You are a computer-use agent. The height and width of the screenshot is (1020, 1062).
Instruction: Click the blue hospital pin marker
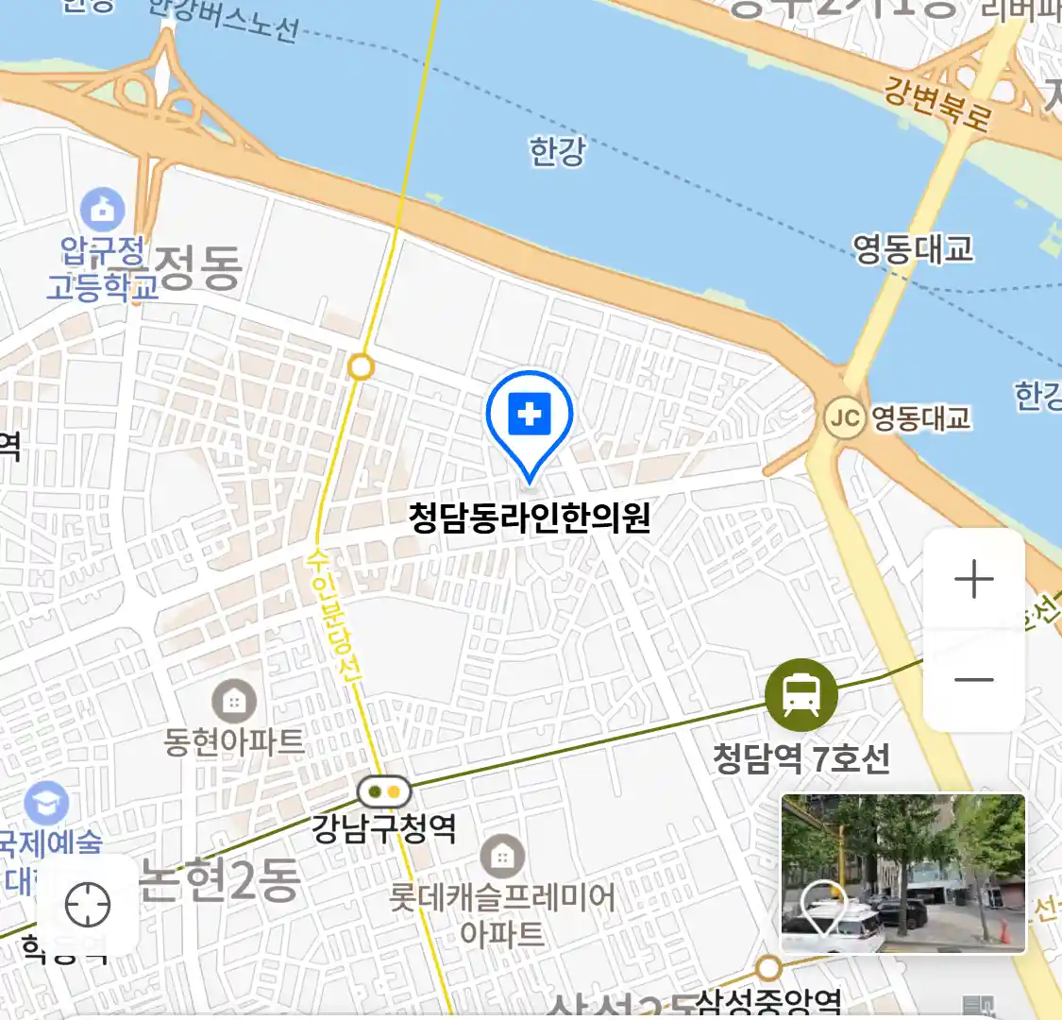click(530, 416)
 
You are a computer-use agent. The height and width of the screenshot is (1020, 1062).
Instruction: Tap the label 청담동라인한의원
click(530, 518)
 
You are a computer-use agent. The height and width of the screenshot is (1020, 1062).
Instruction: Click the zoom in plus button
click(974, 579)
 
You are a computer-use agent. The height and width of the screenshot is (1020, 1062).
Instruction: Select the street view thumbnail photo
click(902, 873)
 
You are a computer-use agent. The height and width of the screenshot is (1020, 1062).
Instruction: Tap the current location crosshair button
click(88, 905)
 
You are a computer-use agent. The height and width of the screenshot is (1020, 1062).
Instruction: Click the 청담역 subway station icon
click(801, 695)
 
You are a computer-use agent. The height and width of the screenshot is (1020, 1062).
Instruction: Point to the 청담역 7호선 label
click(801, 758)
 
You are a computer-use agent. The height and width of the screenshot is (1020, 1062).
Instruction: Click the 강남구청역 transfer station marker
click(384, 791)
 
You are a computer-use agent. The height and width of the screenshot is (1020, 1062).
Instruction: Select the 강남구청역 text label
click(384, 829)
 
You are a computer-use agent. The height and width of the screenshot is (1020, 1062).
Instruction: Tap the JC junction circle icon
click(844, 417)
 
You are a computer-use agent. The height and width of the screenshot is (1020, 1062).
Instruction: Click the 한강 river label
click(557, 151)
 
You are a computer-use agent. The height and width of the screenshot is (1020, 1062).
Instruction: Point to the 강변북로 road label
click(937, 103)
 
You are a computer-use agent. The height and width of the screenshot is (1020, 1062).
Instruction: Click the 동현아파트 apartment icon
click(233, 702)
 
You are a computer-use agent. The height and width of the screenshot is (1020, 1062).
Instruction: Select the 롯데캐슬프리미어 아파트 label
click(502, 914)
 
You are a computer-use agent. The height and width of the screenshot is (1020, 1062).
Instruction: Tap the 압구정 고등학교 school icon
click(102, 209)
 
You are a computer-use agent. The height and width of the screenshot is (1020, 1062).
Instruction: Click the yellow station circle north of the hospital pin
click(361, 366)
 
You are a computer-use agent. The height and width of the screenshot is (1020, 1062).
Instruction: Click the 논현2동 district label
click(219, 879)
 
